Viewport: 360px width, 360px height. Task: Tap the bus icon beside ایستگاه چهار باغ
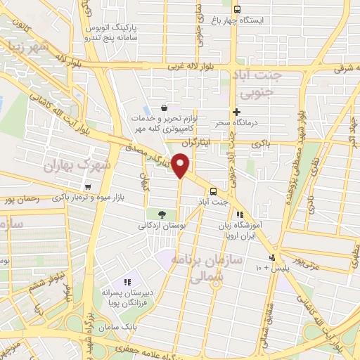236,9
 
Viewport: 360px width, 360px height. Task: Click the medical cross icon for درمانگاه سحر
236,112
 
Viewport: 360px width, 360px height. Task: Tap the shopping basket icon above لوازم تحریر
164,108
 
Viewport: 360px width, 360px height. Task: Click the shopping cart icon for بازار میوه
87,186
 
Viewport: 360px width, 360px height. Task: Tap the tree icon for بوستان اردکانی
162,214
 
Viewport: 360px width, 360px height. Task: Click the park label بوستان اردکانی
162,227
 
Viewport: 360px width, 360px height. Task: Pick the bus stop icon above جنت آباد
212,191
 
